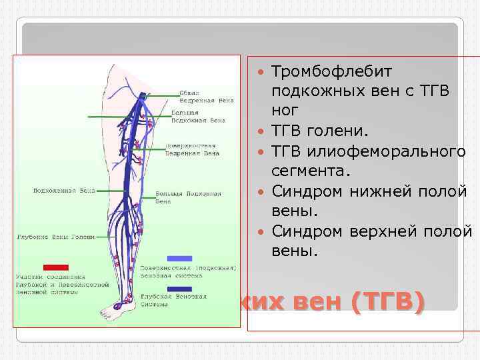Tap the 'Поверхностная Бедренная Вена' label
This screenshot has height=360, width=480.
tap(193, 149)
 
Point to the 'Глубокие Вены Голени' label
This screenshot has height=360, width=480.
tap(55, 237)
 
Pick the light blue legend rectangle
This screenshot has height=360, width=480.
tap(179, 258)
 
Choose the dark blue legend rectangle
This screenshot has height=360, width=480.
tap(179, 289)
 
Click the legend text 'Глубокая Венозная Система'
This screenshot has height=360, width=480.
tap(161, 301)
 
